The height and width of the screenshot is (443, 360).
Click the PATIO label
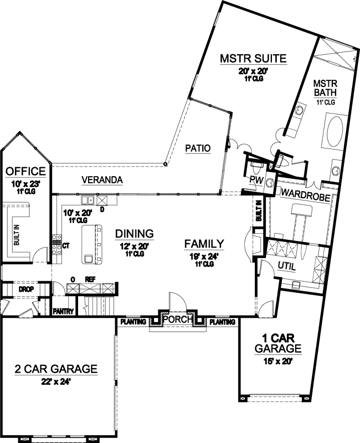[x=198, y=148]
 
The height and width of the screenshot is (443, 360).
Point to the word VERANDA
[x=102, y=181]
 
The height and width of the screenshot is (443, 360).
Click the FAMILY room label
[x=204, y=243]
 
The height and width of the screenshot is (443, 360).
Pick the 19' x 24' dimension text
[x=204, y=255]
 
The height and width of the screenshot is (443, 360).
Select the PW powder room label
[x=255, y=179]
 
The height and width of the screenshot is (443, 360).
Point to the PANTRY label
[x=64, y=312]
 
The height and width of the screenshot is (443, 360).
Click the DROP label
[x=25, y=290]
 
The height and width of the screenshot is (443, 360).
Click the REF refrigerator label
[x=90, y=280]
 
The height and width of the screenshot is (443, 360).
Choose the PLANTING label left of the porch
[x=133, y=321]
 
